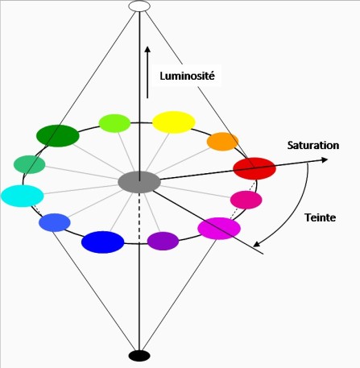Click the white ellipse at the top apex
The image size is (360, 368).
point(139,6)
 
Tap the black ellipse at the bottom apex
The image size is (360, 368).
point(139,356)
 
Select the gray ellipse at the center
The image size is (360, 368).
point(139,182)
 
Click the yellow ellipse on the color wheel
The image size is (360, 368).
point(174,122)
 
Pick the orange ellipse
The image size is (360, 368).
point(222,142)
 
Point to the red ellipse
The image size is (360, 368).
point(254,168)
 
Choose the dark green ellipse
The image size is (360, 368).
point(58,136)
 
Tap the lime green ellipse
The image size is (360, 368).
point(114,123)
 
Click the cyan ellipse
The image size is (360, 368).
point(23,196)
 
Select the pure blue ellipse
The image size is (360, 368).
point(103,242)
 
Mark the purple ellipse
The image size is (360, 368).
point(163,241)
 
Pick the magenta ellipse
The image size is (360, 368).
point(219,229)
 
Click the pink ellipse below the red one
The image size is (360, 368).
point(246,200)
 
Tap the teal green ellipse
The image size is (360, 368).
point(29,164)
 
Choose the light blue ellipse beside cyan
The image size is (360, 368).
point(55,222)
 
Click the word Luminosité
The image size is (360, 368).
point(188,76)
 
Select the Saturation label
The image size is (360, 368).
point(313,145)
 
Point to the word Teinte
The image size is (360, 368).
point(320,217)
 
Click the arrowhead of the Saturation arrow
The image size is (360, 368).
point(325,159)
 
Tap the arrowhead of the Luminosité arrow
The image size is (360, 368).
point(147,50)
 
